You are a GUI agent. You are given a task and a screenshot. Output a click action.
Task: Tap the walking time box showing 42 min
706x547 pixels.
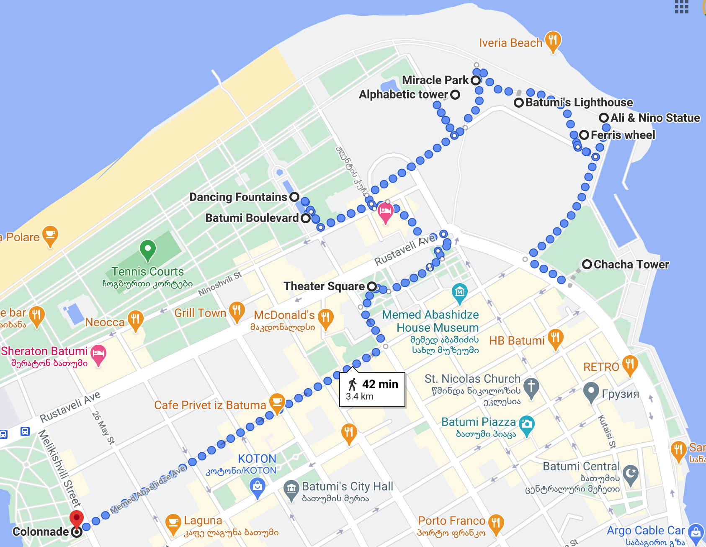(372, 390)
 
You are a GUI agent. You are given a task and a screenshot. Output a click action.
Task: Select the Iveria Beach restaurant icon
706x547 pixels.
(553, 41)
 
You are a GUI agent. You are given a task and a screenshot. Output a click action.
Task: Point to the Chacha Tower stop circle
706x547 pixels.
(587, 264)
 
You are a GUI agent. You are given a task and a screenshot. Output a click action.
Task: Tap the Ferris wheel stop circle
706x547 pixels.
(584, 135)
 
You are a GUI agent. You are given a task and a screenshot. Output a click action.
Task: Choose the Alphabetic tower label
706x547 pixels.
(404, 95)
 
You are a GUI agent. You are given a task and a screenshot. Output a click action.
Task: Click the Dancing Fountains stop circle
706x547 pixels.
(294, 197)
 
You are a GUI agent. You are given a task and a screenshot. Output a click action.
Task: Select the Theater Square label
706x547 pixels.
(324, 286)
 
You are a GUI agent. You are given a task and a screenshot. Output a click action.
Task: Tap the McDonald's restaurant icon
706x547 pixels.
(325, 317)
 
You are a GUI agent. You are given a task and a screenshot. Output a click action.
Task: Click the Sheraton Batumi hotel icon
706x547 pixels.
(98, 353)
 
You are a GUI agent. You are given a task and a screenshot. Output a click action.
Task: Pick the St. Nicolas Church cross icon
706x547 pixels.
(531, 385)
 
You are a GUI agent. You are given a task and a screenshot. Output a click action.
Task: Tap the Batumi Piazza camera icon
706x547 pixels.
(526, 424)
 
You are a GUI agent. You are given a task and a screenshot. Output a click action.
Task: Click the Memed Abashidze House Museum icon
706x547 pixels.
(459, 292)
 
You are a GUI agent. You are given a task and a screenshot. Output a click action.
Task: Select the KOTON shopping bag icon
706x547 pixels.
(257, 487)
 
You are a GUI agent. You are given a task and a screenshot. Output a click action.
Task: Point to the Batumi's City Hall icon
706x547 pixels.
(291, 489)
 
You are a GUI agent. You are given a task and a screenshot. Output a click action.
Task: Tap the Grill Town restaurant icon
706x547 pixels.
(237, 311)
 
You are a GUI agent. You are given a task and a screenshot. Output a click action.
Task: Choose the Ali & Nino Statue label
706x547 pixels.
(655, 118)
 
